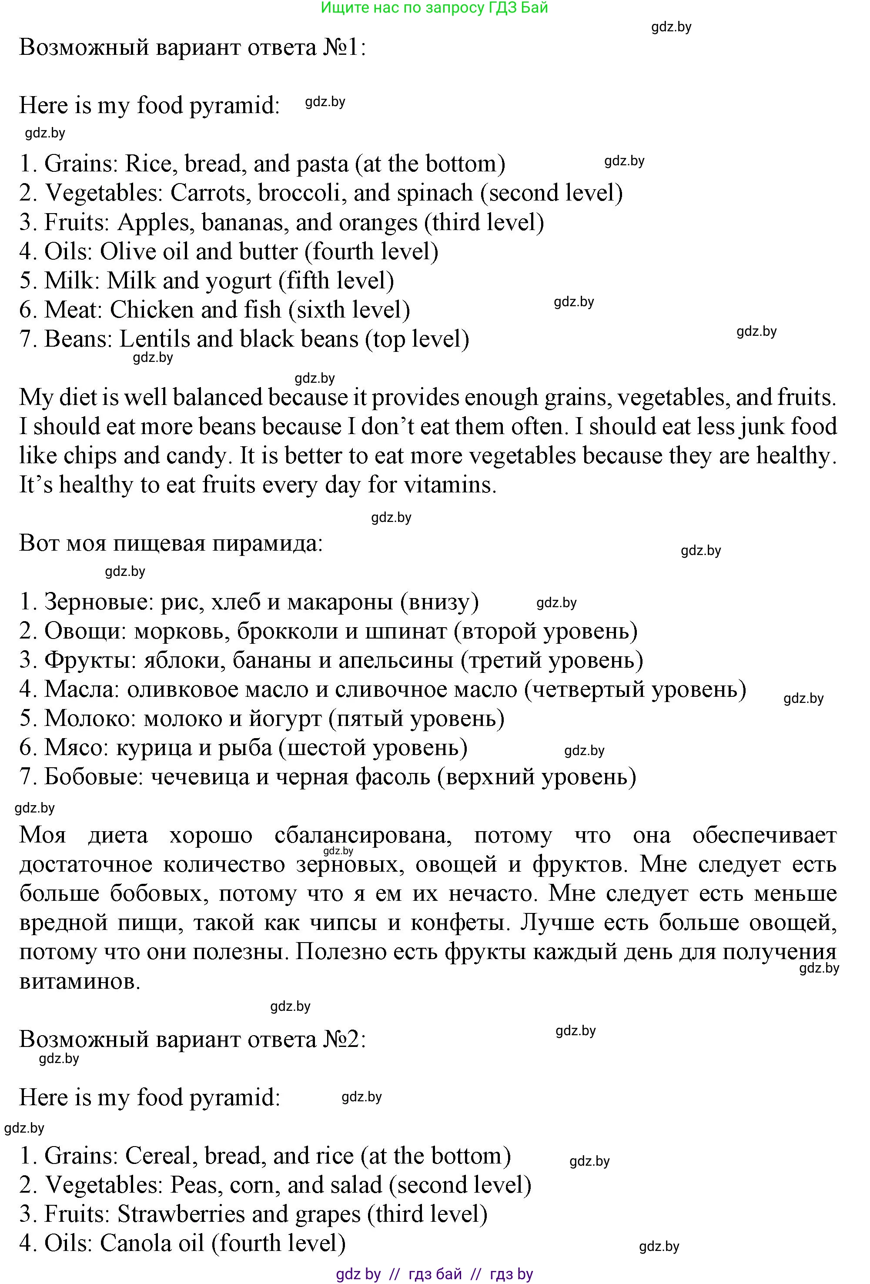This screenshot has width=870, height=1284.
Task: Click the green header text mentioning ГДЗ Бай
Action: pyautogui.click(x=434, y=8)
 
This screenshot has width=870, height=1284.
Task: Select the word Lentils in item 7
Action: pyautogui.click(x=154, y=339)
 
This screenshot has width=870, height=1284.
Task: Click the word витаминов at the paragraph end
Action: pyautogui.click(x=80, y=982)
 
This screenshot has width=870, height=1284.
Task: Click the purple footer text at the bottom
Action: pyautogui.click(x=434, y=1274)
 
